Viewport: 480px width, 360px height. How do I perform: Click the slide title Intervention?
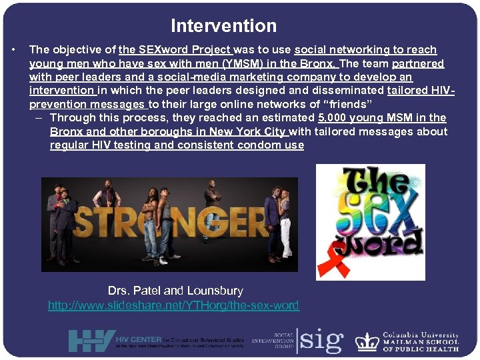coord(223,26)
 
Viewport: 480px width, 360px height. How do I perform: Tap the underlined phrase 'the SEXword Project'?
coord(175,49)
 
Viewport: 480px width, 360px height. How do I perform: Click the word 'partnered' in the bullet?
coord(418,63)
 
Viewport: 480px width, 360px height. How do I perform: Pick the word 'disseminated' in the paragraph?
coord(349,90)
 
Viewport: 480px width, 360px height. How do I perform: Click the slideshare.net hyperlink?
coord(173,305)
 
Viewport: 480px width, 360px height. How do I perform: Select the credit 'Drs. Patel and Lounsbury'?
coord(175,291)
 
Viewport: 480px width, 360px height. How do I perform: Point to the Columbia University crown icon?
coord(367,341)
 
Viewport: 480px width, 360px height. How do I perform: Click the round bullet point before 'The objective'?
coord(14,49)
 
